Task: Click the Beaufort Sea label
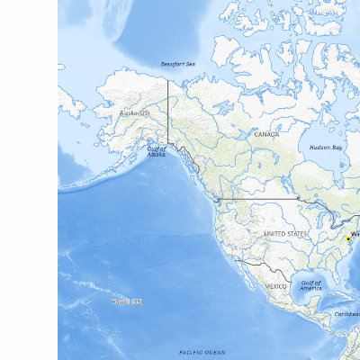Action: pyautogui.click(x=176, y=65)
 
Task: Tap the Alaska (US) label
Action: pyautogui.click(x=135, y=114)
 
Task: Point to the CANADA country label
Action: pyautogui.click(x=266, y=134)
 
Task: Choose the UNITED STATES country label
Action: pyautogui.click(x=285, y=233)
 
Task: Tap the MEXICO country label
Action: pyautogui.click(x=275, y=285)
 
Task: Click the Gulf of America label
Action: pyautogui.click(x=310, y=286)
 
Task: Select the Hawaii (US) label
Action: pyautogui.click(x=126, y=301)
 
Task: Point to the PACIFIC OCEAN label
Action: pyautogui.click(x=202, y=352)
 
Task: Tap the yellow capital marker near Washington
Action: pyautogui.click(x=347, y=238)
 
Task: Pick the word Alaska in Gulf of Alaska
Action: pyautogui.click(x=157, y=156)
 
